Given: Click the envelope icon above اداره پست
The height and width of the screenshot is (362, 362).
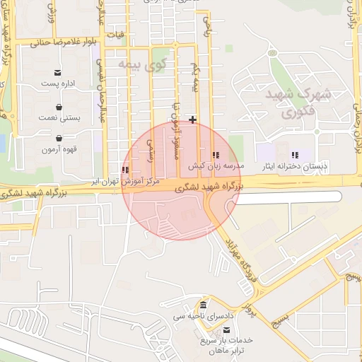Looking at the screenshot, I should pyautogui.click(x=57, y=73).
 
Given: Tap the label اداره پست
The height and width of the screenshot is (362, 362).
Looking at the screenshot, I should pyautogui.click(x=57, y=84).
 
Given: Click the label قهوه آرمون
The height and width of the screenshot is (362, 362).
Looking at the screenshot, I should pyautogui.click(x=57, y=149).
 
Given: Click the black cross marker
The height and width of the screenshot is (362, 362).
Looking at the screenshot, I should pyautogui.click(x=192, y=119).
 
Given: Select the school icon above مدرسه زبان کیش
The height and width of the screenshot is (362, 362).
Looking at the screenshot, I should pyautogui.click(x=216, y=155).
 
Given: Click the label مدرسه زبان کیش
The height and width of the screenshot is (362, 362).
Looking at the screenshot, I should pyautogui.click(x=216, y=166).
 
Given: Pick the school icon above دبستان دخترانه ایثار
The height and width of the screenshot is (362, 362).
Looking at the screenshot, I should pyautogui.click(x=295, y=155).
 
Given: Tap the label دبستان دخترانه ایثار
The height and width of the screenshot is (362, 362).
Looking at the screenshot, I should pyautogui.click(x=295, y=166).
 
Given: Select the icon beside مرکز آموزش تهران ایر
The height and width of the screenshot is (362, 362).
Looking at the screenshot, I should pyautogui.click(x=125, y=170).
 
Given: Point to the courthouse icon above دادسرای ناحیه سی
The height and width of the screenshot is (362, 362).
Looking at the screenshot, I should pyautogui.click(x=204, y=305).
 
